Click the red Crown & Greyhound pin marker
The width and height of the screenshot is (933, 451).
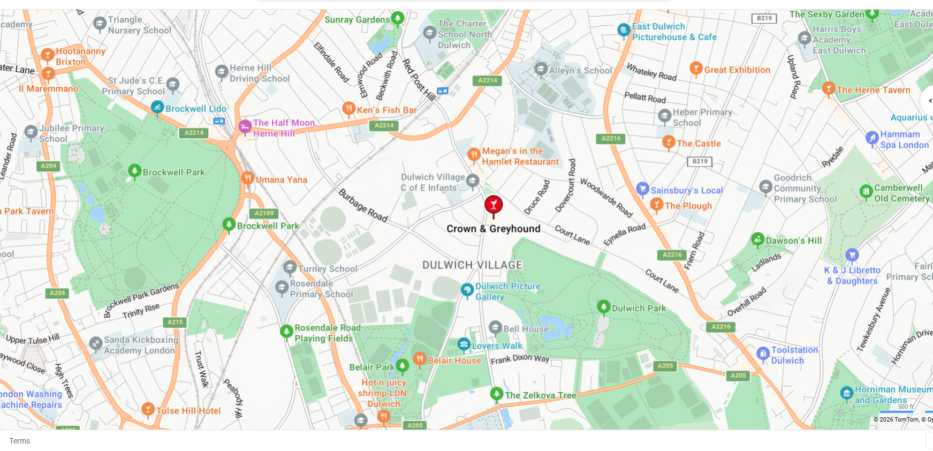coord(494,205)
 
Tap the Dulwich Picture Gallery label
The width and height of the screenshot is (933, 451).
coord(507,291)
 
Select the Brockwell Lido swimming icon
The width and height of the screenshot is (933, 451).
coord(157,108)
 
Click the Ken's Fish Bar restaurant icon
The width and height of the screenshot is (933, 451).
coord(349,109)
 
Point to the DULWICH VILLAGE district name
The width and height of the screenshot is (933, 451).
coord(472,265)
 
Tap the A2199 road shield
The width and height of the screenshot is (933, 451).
coord(264,213)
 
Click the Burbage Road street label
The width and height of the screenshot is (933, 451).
coord(363,205)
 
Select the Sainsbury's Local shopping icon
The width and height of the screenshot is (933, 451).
coord(642,189)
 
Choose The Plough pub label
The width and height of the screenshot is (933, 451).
coord(688,206)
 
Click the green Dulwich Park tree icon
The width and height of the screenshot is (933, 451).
coord(603,307)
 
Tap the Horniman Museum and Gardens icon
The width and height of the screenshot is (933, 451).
coord(846,394)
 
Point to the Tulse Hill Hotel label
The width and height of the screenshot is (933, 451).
coord(188,411)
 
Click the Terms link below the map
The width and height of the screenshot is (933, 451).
coord(20,441)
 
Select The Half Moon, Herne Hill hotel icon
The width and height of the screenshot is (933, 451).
coord(245,127)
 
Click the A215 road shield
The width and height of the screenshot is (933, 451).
coord(175,322)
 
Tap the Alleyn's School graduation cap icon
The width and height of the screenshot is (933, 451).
coord(541,69)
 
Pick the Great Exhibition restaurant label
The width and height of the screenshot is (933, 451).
coord(737,70)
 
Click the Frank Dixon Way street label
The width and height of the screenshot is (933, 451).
coord(520,359)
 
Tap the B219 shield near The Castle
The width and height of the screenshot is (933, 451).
coord(700,161)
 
